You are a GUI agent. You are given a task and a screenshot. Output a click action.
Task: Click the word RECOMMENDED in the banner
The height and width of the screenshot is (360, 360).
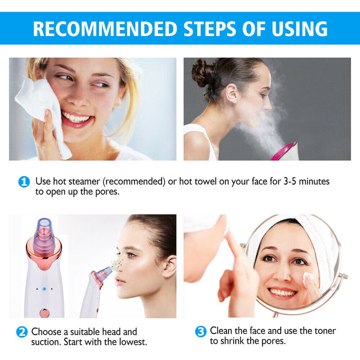[104, 29]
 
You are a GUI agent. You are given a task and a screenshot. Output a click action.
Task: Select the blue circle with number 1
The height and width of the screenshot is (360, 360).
[24, 182]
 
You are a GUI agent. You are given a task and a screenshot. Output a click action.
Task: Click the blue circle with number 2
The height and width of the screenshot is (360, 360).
[22, 333]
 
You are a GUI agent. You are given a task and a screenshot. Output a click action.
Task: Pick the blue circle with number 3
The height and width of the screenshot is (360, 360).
[201, 332]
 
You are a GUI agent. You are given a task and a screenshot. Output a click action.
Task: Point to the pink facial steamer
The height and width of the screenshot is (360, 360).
[285, 152]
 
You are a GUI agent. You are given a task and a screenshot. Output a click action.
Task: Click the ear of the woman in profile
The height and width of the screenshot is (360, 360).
[169, 267]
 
